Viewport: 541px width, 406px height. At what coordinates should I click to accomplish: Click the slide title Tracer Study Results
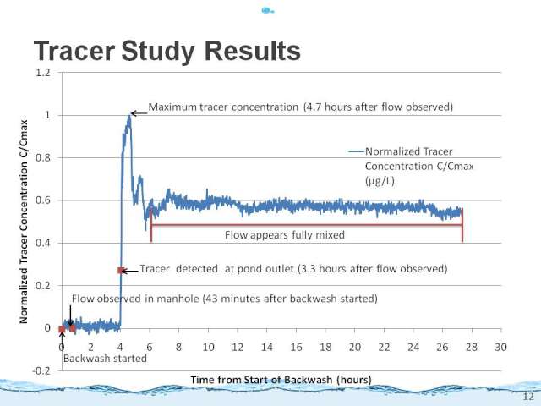coord(167,51)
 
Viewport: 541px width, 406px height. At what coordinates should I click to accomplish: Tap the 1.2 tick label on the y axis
coord(43,73)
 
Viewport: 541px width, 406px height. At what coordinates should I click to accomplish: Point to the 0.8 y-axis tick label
coord(43,158)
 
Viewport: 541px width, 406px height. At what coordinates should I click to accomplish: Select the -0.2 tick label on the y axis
coord(41,370)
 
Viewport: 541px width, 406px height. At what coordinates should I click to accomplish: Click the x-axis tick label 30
coord(500,347)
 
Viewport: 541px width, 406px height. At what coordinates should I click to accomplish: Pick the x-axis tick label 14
coord(267,347)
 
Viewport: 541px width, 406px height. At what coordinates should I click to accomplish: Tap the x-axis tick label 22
coord(384,347)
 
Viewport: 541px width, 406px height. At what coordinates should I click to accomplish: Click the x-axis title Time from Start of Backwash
coord(281,380)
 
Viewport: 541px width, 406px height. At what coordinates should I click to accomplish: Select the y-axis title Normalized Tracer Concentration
coord(24,222)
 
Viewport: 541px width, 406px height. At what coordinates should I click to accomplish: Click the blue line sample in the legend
coord(357,151)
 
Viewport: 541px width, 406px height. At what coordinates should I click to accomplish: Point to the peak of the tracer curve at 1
coord(129,117)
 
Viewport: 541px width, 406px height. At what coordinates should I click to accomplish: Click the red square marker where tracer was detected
coord(121,271)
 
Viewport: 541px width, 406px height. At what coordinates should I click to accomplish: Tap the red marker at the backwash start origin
coord(62,329)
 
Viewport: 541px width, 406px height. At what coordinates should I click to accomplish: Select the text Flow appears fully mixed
coord(285,235)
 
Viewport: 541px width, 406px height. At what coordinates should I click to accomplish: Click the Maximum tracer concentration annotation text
coord(301,107)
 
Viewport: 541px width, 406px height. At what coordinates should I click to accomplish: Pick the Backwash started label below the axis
coord(105,359)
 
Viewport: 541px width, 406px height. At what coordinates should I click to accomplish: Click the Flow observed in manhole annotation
coord(225,299)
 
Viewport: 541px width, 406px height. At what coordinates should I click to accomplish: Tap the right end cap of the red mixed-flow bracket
coord(462,225)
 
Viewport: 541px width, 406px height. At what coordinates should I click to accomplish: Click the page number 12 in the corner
coord(528,397)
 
